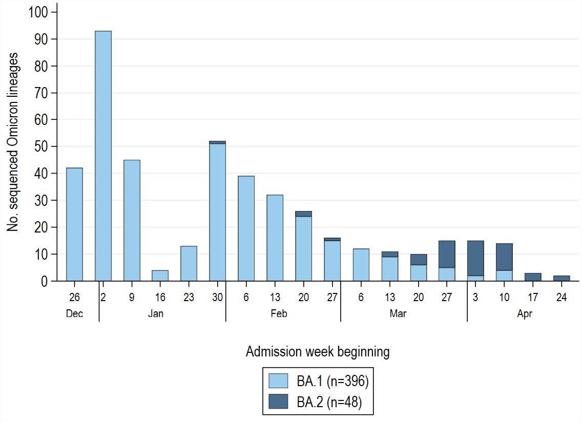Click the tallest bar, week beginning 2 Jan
[x=103, y=156]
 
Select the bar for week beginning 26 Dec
[x=74, y=224]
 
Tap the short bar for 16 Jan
[x=160, y=275]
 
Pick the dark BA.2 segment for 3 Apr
[x=475, y=258]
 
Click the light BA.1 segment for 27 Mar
[x=447, y=274]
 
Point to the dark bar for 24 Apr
[x=562, y=278]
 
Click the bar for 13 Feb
[x=275, y=238]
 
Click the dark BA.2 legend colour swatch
[x=279, y=403]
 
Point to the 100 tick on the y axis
[x=39, y=12]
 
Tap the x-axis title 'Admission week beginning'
[x=317, y=352]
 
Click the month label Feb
[x=279, y=314]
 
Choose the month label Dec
[x=74, y=314]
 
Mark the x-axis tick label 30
[x=217, y=298]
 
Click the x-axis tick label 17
[x=533, y=298]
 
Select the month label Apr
[x=525, y=314]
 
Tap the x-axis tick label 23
[x=189, y=298]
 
